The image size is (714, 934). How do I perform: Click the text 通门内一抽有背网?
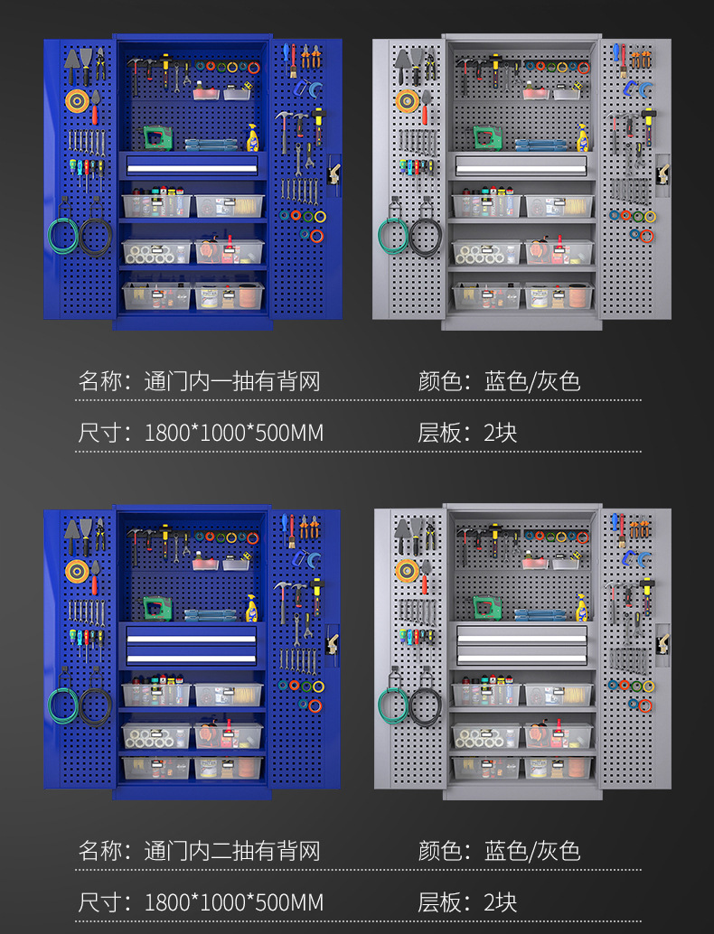[232, 381]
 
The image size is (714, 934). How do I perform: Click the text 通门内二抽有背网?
[232, 851]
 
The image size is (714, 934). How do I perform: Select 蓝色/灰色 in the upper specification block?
[532, 381]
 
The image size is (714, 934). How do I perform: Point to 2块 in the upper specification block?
[501, 434]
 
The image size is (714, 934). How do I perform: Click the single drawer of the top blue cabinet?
[192, 164]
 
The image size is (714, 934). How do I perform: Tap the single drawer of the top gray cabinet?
[521, 164]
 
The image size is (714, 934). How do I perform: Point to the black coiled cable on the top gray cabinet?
[424, 237]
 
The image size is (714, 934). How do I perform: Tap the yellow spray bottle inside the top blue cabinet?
[253, 138]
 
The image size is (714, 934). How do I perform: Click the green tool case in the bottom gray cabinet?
[486, 607]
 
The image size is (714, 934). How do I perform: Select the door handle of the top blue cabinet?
[334, 174]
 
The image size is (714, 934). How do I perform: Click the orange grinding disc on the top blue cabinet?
[75, 100]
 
